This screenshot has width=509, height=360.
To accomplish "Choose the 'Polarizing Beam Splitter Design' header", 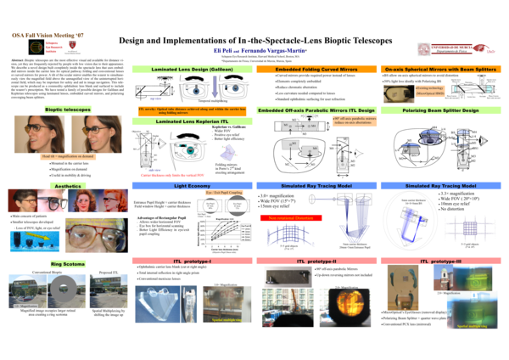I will point(438,110).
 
